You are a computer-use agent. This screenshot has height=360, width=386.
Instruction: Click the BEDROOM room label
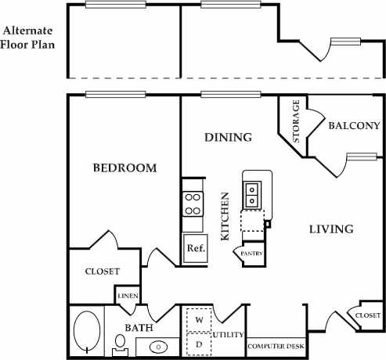(x=124, y=168)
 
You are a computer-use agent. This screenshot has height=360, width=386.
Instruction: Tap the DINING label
(x=228, y=138)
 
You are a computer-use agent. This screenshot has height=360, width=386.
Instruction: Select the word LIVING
(x=330, y=229)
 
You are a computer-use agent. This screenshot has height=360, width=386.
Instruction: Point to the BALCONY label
(x=354, y=125)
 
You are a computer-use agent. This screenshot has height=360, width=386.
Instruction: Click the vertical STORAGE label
(x=297, y=121)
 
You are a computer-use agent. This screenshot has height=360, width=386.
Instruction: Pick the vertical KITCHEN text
(x=225, y=215)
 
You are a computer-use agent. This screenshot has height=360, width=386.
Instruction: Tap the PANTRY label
(x=251, y=254)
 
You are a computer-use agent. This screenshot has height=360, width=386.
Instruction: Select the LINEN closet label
(x=128, y=296)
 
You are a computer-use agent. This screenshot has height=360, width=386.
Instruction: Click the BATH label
(x=138, y=328)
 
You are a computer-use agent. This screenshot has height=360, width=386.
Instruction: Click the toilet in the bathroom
(x=120, y=343)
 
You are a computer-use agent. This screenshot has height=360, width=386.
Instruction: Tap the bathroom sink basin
(x=158, y=346)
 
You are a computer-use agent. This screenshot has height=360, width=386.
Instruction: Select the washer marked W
(x=199, y=320)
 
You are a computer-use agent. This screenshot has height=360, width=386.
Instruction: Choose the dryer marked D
(x=199, y=343)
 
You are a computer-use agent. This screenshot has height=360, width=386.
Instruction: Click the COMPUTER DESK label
(x=276, y=346)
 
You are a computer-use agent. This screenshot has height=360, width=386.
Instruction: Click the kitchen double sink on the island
(x=254, y=193)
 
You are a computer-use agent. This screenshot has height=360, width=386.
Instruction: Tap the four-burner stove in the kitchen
(x=192, y=205)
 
